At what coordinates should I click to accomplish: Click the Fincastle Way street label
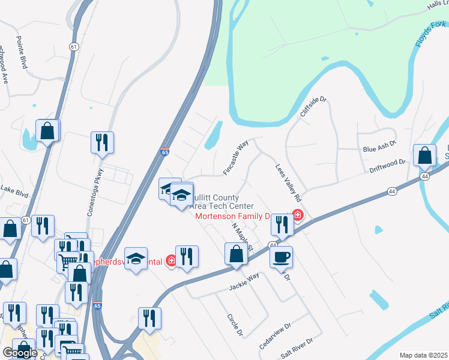(x=236, y=158)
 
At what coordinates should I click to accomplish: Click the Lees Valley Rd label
(x=288, y=183)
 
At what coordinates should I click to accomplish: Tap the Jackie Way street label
(x=244, y=281)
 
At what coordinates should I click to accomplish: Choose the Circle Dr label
(x=234, y=324)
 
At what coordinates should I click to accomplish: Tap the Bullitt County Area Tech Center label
(x=215, y=202)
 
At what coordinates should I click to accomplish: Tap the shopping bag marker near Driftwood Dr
(x=424, y=155)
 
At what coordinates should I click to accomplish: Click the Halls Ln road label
(x=437, y=5)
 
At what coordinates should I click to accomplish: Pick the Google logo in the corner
(x=20, y=353)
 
